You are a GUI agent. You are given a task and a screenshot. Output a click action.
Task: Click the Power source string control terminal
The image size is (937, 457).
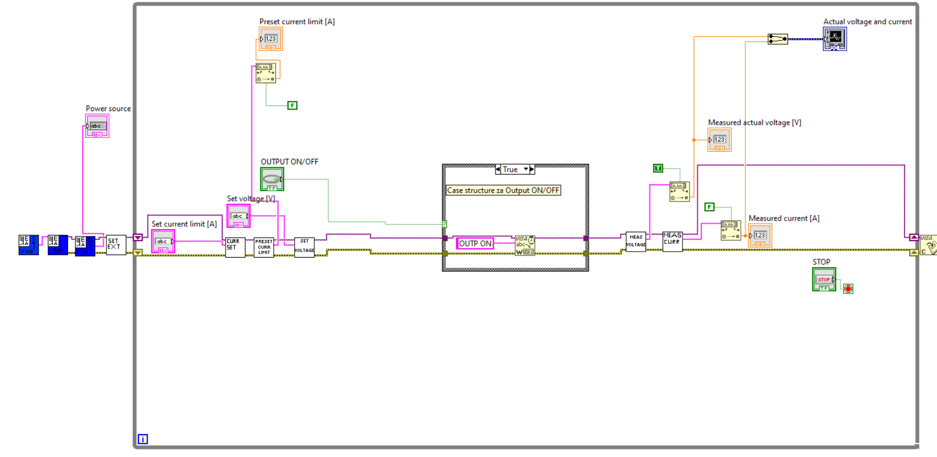[97, 126]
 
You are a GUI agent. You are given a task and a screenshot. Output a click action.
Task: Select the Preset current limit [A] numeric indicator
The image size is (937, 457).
[271, 40]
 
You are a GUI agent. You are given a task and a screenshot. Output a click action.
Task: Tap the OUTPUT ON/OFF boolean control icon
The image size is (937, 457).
[272, 179]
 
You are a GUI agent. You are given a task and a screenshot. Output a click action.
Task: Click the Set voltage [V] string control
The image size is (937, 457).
[238, 216]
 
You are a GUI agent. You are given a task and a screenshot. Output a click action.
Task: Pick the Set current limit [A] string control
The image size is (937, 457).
[163, 241]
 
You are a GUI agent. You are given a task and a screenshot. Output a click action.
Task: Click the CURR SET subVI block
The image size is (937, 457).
[235, 248]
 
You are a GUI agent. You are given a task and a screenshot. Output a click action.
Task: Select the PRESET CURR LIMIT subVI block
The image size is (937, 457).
[264, 248]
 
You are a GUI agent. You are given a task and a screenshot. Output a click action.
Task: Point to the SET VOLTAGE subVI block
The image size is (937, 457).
[304, 247]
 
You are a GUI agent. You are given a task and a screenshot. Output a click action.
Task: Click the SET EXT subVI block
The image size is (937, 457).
[116, 245]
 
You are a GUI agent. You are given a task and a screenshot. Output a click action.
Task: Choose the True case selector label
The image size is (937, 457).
[511, 169]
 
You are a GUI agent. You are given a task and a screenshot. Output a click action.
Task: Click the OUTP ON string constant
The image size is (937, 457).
[475, 243]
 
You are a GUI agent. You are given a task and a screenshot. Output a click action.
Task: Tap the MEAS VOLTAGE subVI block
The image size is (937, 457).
[636, 241]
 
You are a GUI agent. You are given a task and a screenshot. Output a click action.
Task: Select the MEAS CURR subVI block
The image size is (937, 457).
[672, 241]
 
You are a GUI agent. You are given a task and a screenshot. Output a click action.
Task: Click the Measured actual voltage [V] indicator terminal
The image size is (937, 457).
[719, 140]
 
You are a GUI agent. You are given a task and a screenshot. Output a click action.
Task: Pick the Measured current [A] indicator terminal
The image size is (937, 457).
[760, 236]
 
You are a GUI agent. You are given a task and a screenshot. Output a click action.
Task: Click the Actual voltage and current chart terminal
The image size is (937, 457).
[835, 39]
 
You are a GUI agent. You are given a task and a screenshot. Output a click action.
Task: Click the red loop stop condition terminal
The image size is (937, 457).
[848, 289]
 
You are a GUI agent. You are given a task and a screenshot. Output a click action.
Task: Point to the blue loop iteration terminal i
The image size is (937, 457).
[143, 439]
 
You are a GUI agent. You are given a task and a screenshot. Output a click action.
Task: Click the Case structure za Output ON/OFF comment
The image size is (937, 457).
[503, 191]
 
